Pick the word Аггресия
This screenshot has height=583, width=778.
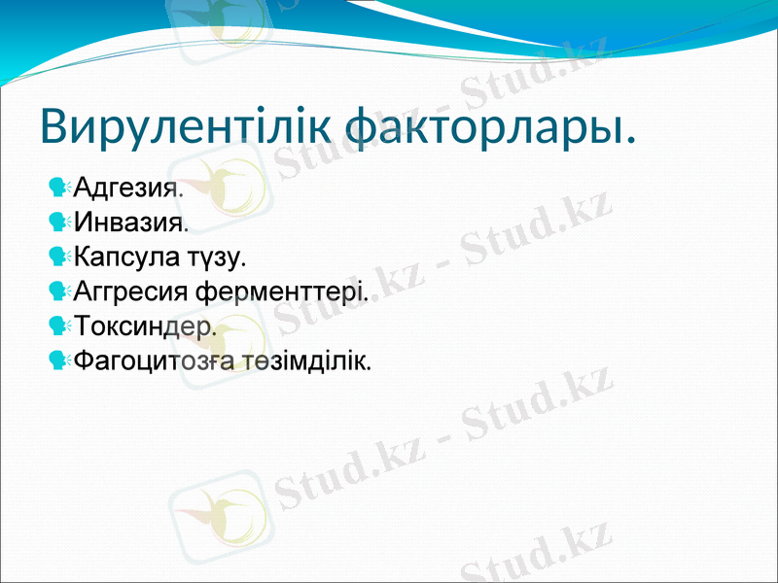point(132,291)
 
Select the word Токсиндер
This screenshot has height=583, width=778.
point(144,326)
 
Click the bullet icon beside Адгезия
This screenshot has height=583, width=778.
point(59,186)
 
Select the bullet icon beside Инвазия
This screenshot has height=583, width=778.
point(59,222)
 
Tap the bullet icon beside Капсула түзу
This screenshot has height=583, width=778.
point(59,257)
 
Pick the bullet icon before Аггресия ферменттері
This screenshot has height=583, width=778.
point(59,291)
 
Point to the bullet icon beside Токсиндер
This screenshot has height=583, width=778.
point(59,326)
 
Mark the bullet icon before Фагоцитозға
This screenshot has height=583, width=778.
point(59,361)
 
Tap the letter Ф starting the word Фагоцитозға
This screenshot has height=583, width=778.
point(84,361)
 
